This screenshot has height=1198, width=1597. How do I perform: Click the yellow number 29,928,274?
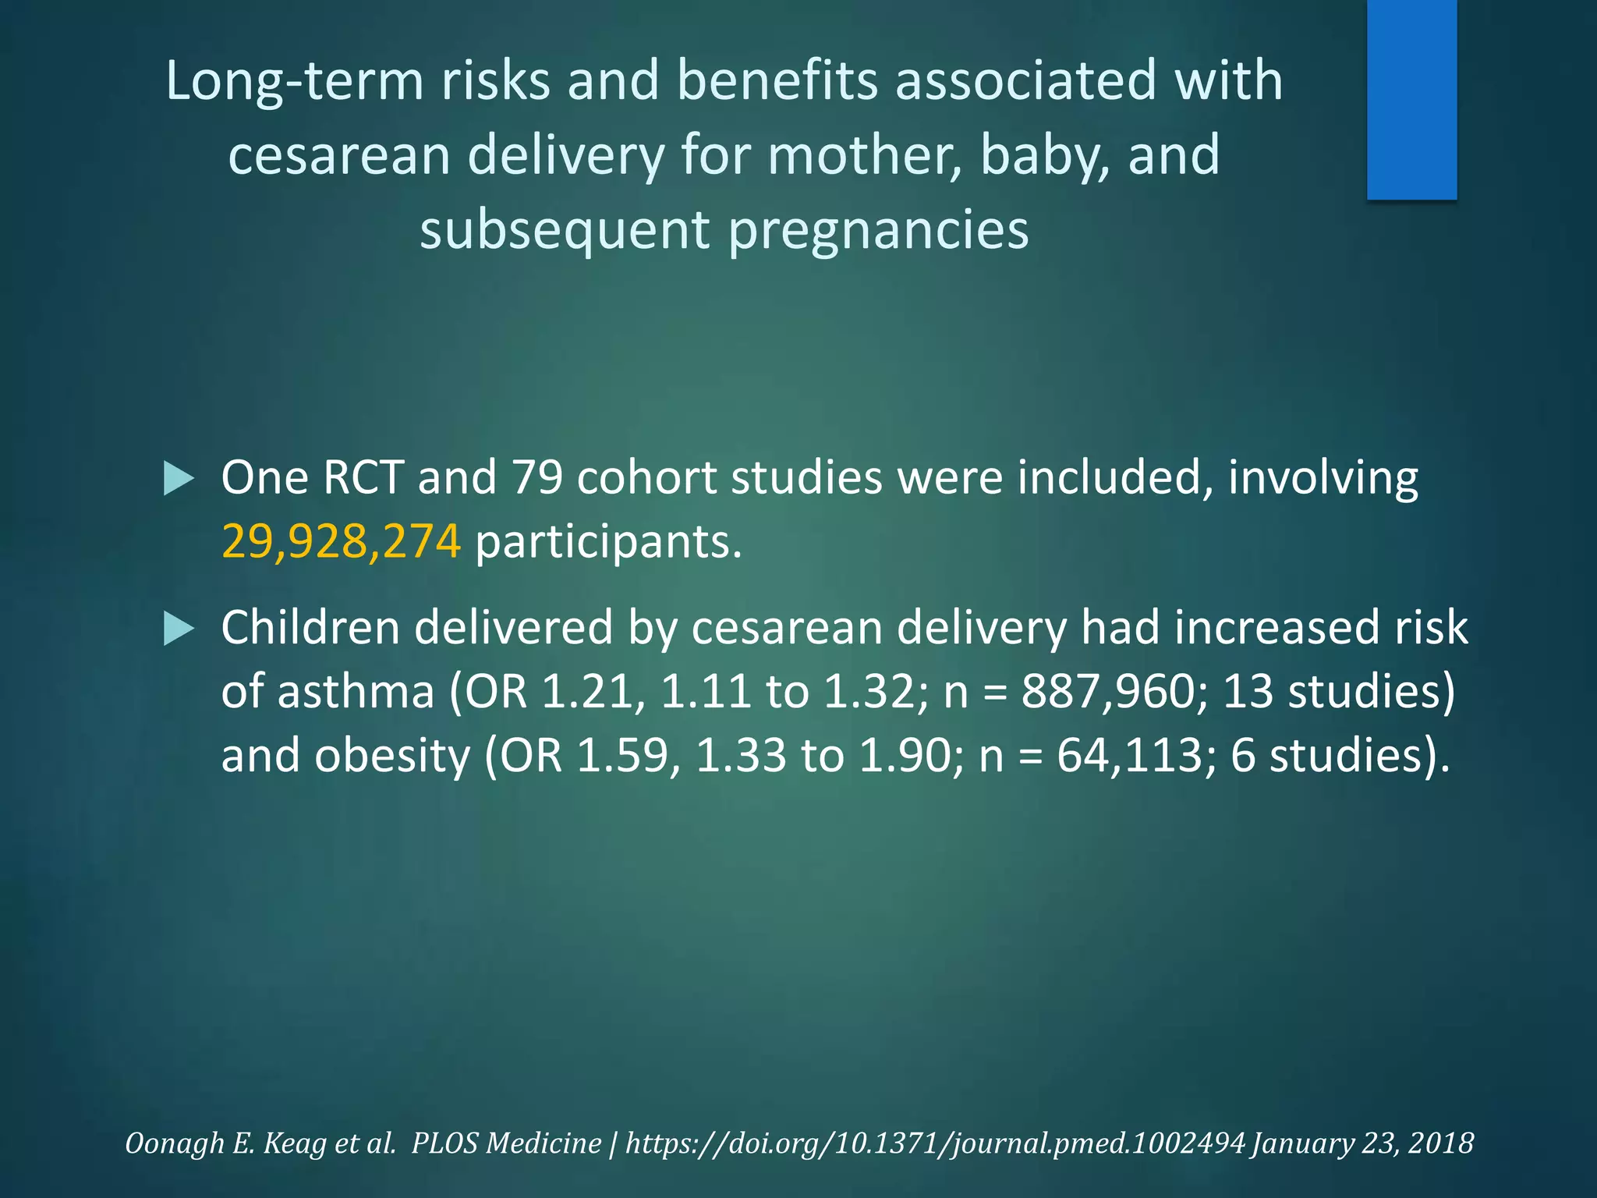pos(341,541)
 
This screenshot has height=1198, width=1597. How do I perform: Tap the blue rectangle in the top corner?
pos(1411,100)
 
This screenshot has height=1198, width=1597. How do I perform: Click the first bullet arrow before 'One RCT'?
pos(179,478)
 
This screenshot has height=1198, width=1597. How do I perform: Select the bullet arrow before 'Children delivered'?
pos(179,629)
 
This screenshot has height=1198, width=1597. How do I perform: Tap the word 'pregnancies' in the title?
pos(878,229)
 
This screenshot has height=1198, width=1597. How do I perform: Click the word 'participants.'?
pos(608,541)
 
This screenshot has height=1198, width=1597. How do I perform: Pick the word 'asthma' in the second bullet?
pos(356,692)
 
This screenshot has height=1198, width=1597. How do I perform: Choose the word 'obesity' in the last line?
pos(392,756)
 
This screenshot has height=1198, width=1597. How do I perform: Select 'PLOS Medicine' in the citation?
pos(506,1143)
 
